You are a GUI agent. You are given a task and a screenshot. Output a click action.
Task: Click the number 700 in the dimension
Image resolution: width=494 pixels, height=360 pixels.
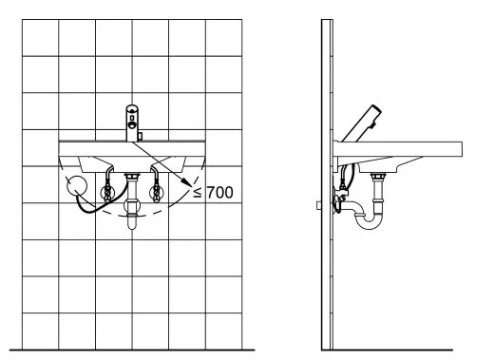point(220,192)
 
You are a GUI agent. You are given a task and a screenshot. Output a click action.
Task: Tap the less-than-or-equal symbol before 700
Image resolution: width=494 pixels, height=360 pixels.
point(198,193)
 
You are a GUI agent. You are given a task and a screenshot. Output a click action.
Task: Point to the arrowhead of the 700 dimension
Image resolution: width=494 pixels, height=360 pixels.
point(188,182)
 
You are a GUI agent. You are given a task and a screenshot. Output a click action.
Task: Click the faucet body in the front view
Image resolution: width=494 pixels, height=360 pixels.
point(132,123)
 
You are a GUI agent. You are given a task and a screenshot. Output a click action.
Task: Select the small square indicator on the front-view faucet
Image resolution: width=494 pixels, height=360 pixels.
point(132,118)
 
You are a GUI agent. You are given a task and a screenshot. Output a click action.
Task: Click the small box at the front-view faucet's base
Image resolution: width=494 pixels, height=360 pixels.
point(140,137)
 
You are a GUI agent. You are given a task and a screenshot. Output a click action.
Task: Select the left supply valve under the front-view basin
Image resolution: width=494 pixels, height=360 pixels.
point(107,192)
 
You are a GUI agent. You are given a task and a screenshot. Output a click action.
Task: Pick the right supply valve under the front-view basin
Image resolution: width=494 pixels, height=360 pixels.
point(156,192)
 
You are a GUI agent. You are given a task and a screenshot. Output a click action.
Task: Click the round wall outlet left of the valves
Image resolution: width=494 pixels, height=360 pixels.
point(77,185)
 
